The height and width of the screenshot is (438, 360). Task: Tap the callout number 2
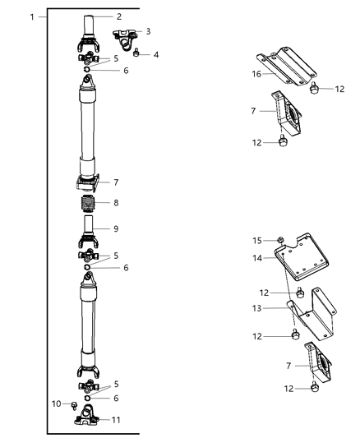click(118, 16)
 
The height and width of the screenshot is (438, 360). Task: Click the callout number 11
click(117, 419)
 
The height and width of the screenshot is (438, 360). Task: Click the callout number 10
click(56, 403)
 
